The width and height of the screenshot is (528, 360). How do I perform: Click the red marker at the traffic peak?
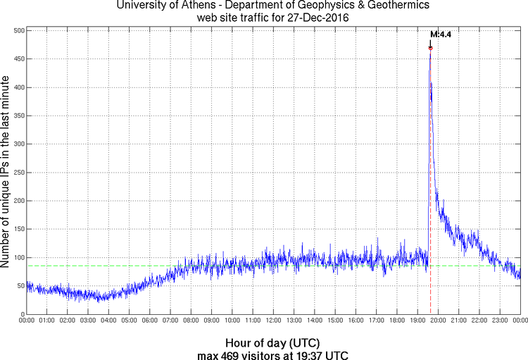[x=430, y=48]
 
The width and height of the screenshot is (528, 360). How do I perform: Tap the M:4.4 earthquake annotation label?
[x=440, y=34]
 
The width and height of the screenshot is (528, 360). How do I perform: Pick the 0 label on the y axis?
[x=23, y=314]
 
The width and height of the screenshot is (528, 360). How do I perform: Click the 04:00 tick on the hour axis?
[x=108, y=321]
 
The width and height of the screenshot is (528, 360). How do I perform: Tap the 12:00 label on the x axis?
[x=273, y=321]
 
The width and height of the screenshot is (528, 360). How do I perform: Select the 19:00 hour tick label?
[x=417, y=321]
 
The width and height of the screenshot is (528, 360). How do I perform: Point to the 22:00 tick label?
[x=479, y=321]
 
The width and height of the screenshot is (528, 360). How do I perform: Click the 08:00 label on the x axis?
[x=191, y=321]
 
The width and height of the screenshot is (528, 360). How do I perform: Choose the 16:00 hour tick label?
[x=356, y=321]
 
